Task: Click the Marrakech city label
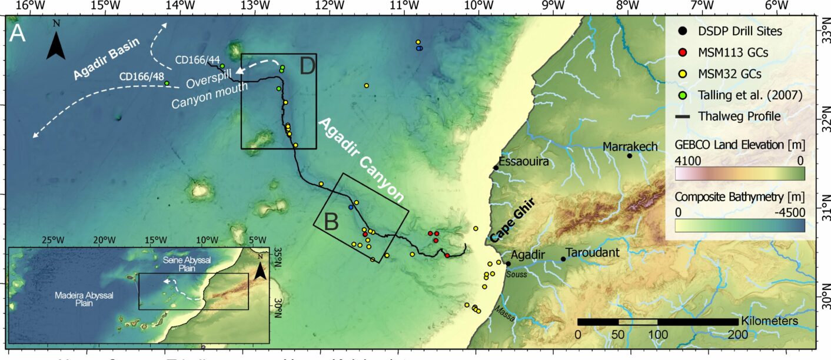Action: coord(630,146)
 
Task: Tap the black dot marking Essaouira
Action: coord(496,168)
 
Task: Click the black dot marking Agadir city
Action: coord(508,264)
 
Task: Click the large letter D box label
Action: coord(308,66)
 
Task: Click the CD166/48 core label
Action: coord(141,76)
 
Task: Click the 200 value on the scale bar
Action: coord(737,334)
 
